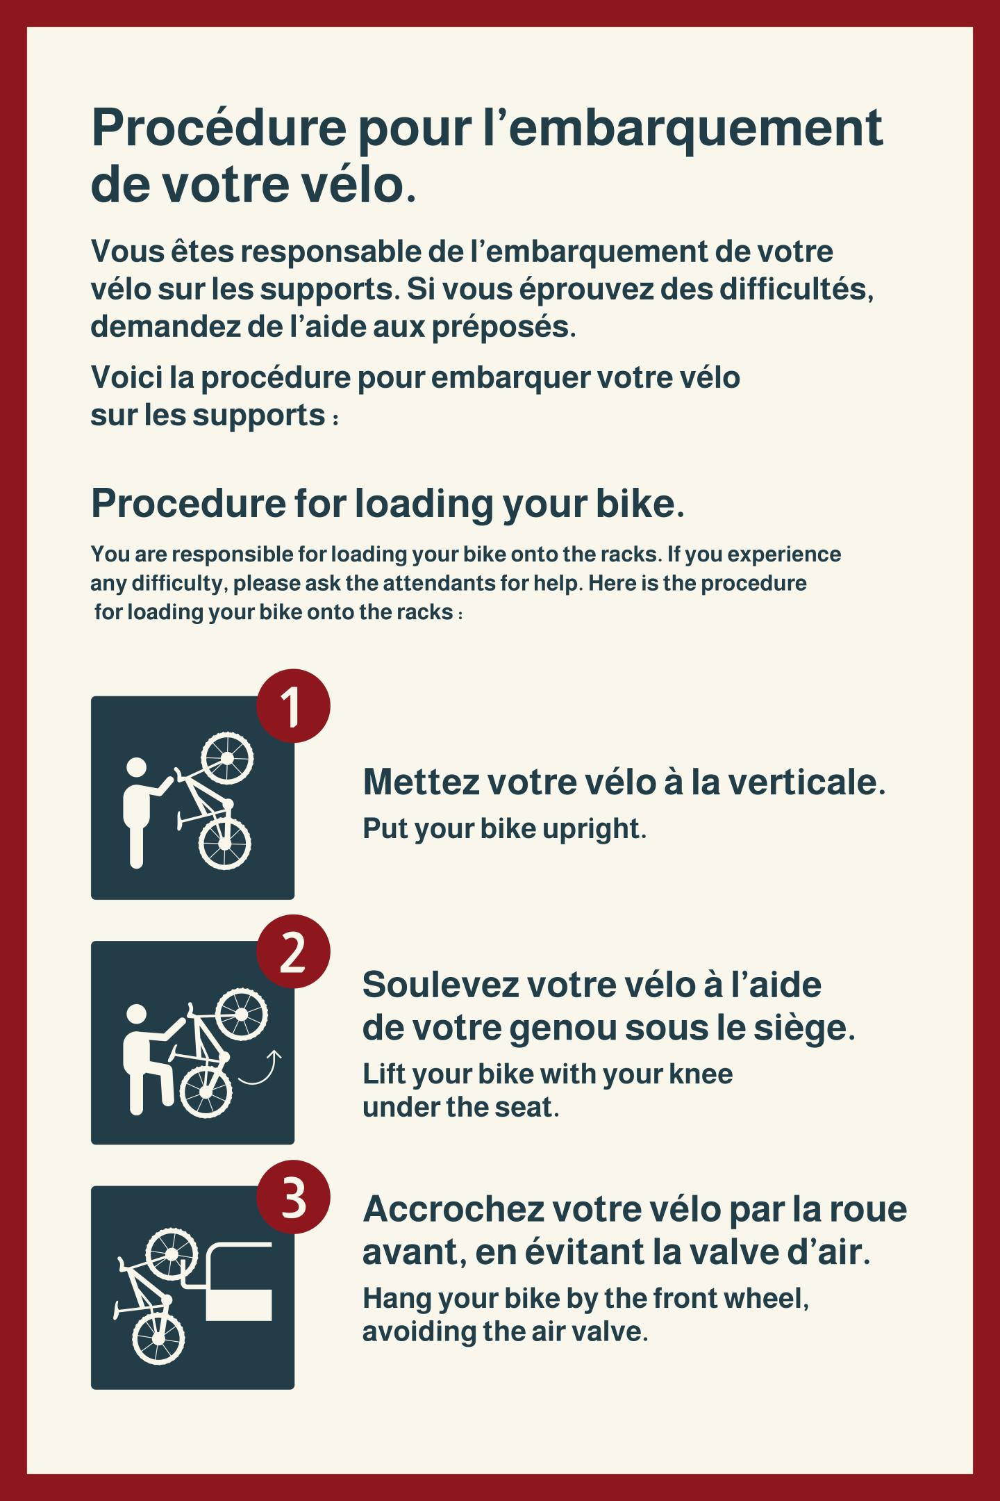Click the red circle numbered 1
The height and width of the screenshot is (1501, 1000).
click(293, 705)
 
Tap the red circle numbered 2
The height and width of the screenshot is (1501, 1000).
click(293, 951)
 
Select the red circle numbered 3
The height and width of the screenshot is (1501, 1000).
click(293, 1196)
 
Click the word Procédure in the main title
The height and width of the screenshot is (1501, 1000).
click(219, 129)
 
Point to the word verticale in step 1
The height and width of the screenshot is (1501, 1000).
click(802, 782)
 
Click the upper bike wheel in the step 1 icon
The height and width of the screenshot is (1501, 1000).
click(227, 756)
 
